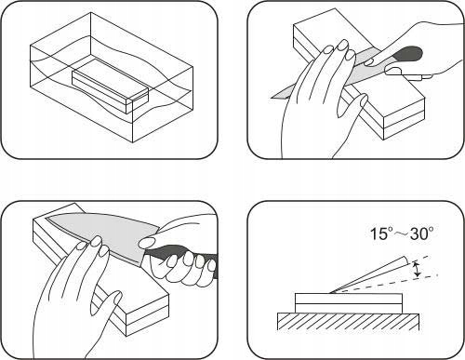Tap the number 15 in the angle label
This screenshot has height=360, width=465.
379,233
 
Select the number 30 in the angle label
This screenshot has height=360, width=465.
418,233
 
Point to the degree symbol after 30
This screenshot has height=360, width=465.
431,230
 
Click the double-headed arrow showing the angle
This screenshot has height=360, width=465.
418,269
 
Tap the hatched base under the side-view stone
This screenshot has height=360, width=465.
348,322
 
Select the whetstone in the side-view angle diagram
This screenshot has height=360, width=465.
349,303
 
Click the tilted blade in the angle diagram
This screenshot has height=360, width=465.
369,274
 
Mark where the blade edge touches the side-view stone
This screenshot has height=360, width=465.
330,293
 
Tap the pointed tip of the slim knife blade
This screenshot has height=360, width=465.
272,98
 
